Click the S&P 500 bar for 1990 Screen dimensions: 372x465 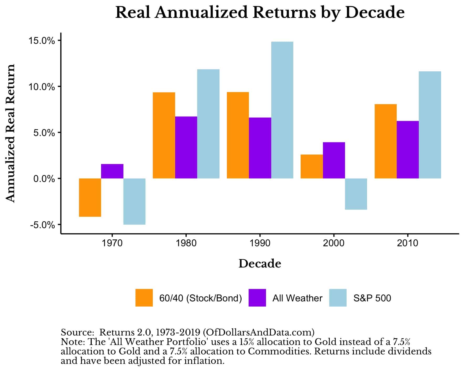pyautogui.click(x=282, y=110)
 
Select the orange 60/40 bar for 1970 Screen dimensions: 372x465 pyautogui.click(x=90, y=197)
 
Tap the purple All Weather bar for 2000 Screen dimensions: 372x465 pyautogui.click(x=334, y=160)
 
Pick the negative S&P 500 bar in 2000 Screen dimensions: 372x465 pyautogui.click(x=356, y=194)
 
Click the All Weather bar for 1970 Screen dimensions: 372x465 pyautogui.click(x=112, y=171)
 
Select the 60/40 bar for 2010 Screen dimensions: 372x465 pyautogui.click(x=385, y=141)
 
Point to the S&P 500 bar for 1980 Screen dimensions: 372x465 pyautogui.click(x=208, y=124)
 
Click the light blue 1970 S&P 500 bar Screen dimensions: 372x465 pyautogui.click(x=134, y=201)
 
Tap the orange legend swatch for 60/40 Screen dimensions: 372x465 pyautogui.click(x=144, y=298)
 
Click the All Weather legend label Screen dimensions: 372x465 pyautogui.click(x=297, y=298)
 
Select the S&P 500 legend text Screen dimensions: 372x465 pyautogui.click(x=372, y=298)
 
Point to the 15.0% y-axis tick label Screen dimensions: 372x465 pyautogui.click(x=42, y=41)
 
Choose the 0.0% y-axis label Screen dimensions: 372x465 pyautogui.click(x=44, y=179)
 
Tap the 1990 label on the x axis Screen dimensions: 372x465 pyautogui.click(x=260, y=243)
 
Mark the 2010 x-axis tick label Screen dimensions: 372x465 pyautogui.click(x=407, y=243)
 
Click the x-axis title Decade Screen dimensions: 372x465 pyautogui.click(x=259, y=264)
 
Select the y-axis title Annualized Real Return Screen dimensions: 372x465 pyautogui.click(x=11, y=133)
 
